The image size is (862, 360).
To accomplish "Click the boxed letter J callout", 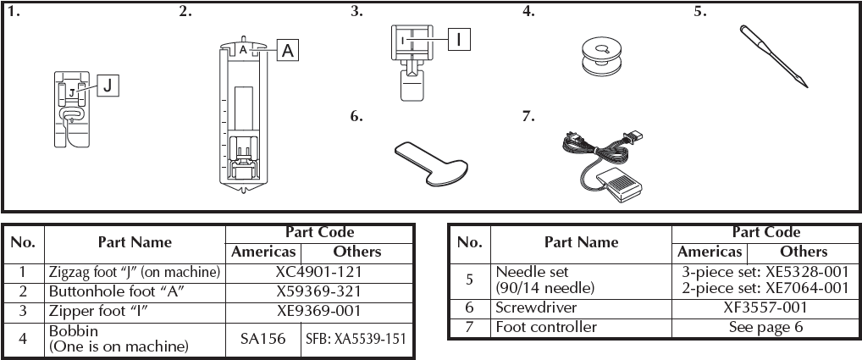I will click(x=108, y=85).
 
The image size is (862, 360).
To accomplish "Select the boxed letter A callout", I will click(x=288, y=51).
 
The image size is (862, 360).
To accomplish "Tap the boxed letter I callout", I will click(x=458, y=39).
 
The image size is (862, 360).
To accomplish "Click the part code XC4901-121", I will click(x=320, y=272).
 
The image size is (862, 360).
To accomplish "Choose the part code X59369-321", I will click(x=320, y=291).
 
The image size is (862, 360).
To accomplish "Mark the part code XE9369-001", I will click(x=320, y=309).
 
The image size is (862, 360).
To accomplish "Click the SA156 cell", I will click(x=262, y=338).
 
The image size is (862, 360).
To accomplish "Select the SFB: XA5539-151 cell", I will click(x=356, y=338).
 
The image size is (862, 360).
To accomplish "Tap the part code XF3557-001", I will click(x=765, y=308).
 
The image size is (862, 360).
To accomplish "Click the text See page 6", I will click(x=765, y=327).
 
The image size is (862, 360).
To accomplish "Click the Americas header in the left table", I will click(x=263, y=252).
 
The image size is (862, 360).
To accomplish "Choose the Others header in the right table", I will click(x=803, y=252).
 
